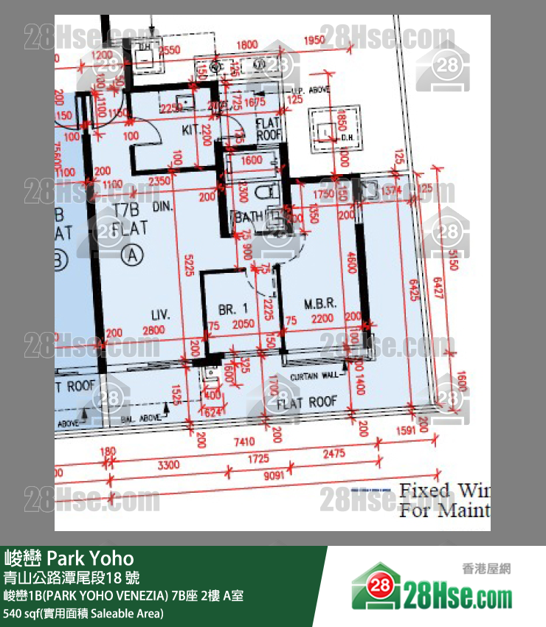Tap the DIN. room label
(x=162, y=209)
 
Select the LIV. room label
(x=161, y=315)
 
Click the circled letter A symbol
(x=133, y=255)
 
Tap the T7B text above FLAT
(x=128, y=210)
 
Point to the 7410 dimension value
(x=244, y=443)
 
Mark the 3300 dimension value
(x=169, y=465)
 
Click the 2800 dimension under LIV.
(x=153, y=330)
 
